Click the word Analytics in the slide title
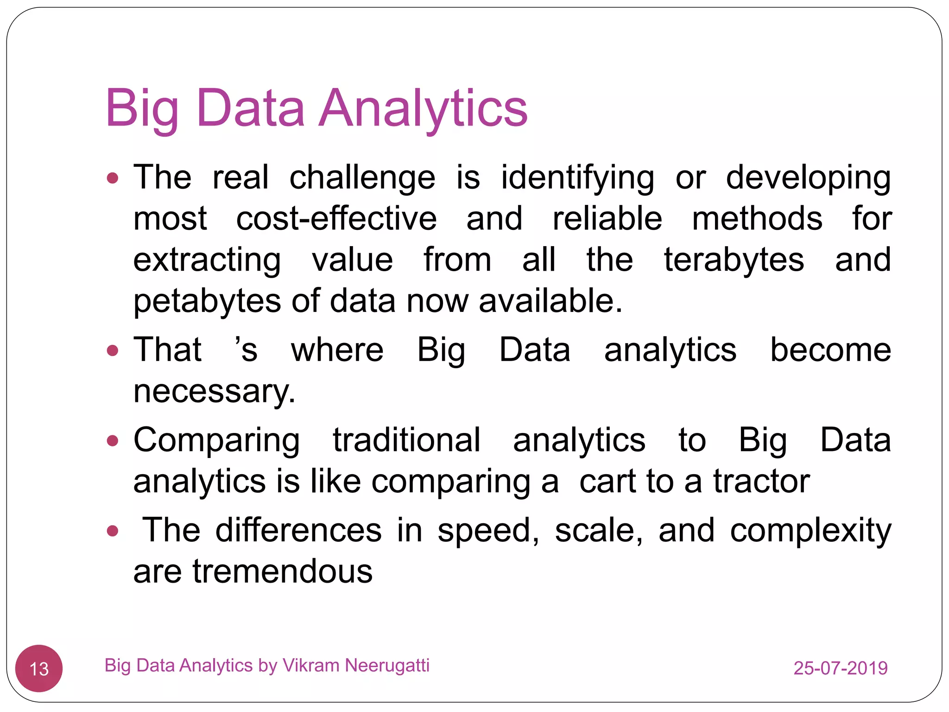[x=423, y=109]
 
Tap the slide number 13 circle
[x=39, y=668]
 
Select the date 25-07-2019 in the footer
[x=840, y=668]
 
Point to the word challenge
[x=362, y=178]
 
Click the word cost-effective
[x=336, y=219]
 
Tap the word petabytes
[x=207, y=301]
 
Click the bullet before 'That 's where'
[x=113, y=350]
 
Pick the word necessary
[x=214, y=391]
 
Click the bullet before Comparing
[x=113, y=440]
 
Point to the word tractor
[x=761, y=481]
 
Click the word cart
[x=607, y=481]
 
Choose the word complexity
[x=810, y=531]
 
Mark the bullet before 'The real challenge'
[x=113, y=178]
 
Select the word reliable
[x=607, y=219]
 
